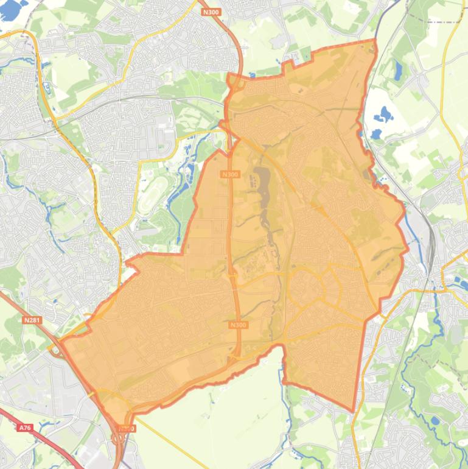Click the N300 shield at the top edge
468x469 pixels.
coord(211,12)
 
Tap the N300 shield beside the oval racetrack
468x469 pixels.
coord(231,174)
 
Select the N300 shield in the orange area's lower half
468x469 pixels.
coord(239,325)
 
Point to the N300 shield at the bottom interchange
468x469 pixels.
coord(126,428)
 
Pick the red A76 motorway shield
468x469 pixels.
coord(24,428)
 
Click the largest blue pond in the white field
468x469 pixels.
coord(383,113)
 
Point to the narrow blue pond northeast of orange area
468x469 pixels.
coord(397,70)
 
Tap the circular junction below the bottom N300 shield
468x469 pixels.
coord(120,439)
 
